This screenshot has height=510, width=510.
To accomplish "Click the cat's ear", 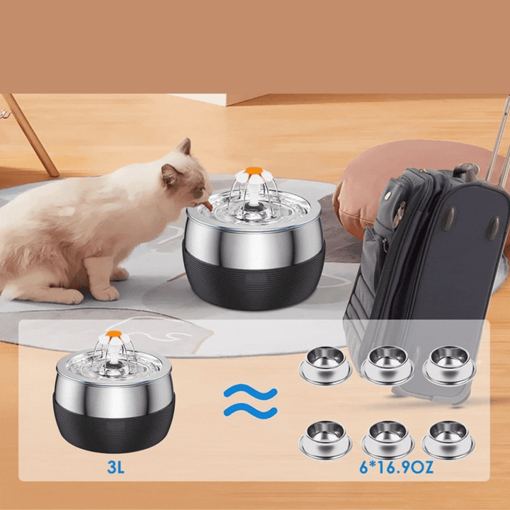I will click(184, 148).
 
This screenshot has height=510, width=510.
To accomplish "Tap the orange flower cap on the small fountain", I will click(114, 334).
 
